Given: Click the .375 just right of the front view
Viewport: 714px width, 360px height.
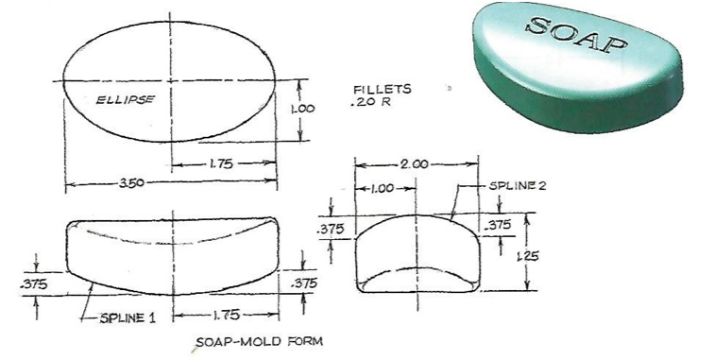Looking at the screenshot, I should point(304,283).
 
